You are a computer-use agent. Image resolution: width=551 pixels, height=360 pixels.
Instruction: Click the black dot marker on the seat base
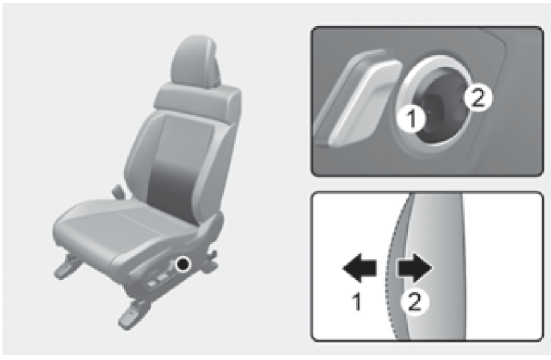point(183,264)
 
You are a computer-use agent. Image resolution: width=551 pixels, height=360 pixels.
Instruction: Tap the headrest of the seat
point(195,61)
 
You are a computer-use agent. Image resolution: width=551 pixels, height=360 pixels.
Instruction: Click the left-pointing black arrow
point(359,267)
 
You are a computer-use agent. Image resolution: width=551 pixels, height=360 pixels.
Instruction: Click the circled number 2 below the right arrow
point(415,303)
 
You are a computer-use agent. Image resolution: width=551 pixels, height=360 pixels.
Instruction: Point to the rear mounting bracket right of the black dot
point(209,263)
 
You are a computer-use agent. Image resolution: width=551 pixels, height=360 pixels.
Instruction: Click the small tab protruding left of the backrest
point(118,191)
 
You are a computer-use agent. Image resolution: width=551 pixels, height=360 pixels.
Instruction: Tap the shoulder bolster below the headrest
point(197,98)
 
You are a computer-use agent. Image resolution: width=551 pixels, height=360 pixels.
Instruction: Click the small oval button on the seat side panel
point(162,278)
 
